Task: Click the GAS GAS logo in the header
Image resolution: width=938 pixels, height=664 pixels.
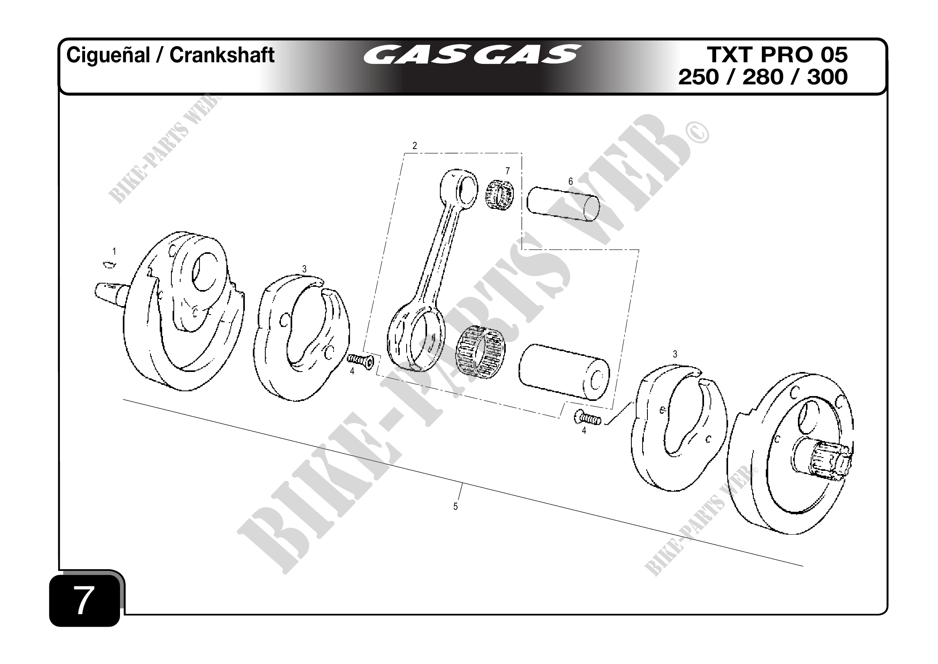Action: [472, 55]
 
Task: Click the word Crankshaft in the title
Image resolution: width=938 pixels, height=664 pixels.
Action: [222, 55]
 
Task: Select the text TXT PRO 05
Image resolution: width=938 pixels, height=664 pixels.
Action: [777, 55]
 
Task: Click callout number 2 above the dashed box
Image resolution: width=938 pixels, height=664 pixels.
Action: [415, 145]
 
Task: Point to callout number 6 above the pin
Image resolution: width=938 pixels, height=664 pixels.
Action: [570, 181]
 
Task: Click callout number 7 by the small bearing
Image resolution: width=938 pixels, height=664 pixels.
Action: [507, 170]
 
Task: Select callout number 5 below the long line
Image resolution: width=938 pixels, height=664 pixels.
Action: [456, 507]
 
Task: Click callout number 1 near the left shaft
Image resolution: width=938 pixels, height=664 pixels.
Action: [114, 251]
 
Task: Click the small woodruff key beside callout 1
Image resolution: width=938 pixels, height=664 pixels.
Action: [108, 265]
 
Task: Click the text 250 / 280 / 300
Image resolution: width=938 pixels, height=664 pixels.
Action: [763, 77]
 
